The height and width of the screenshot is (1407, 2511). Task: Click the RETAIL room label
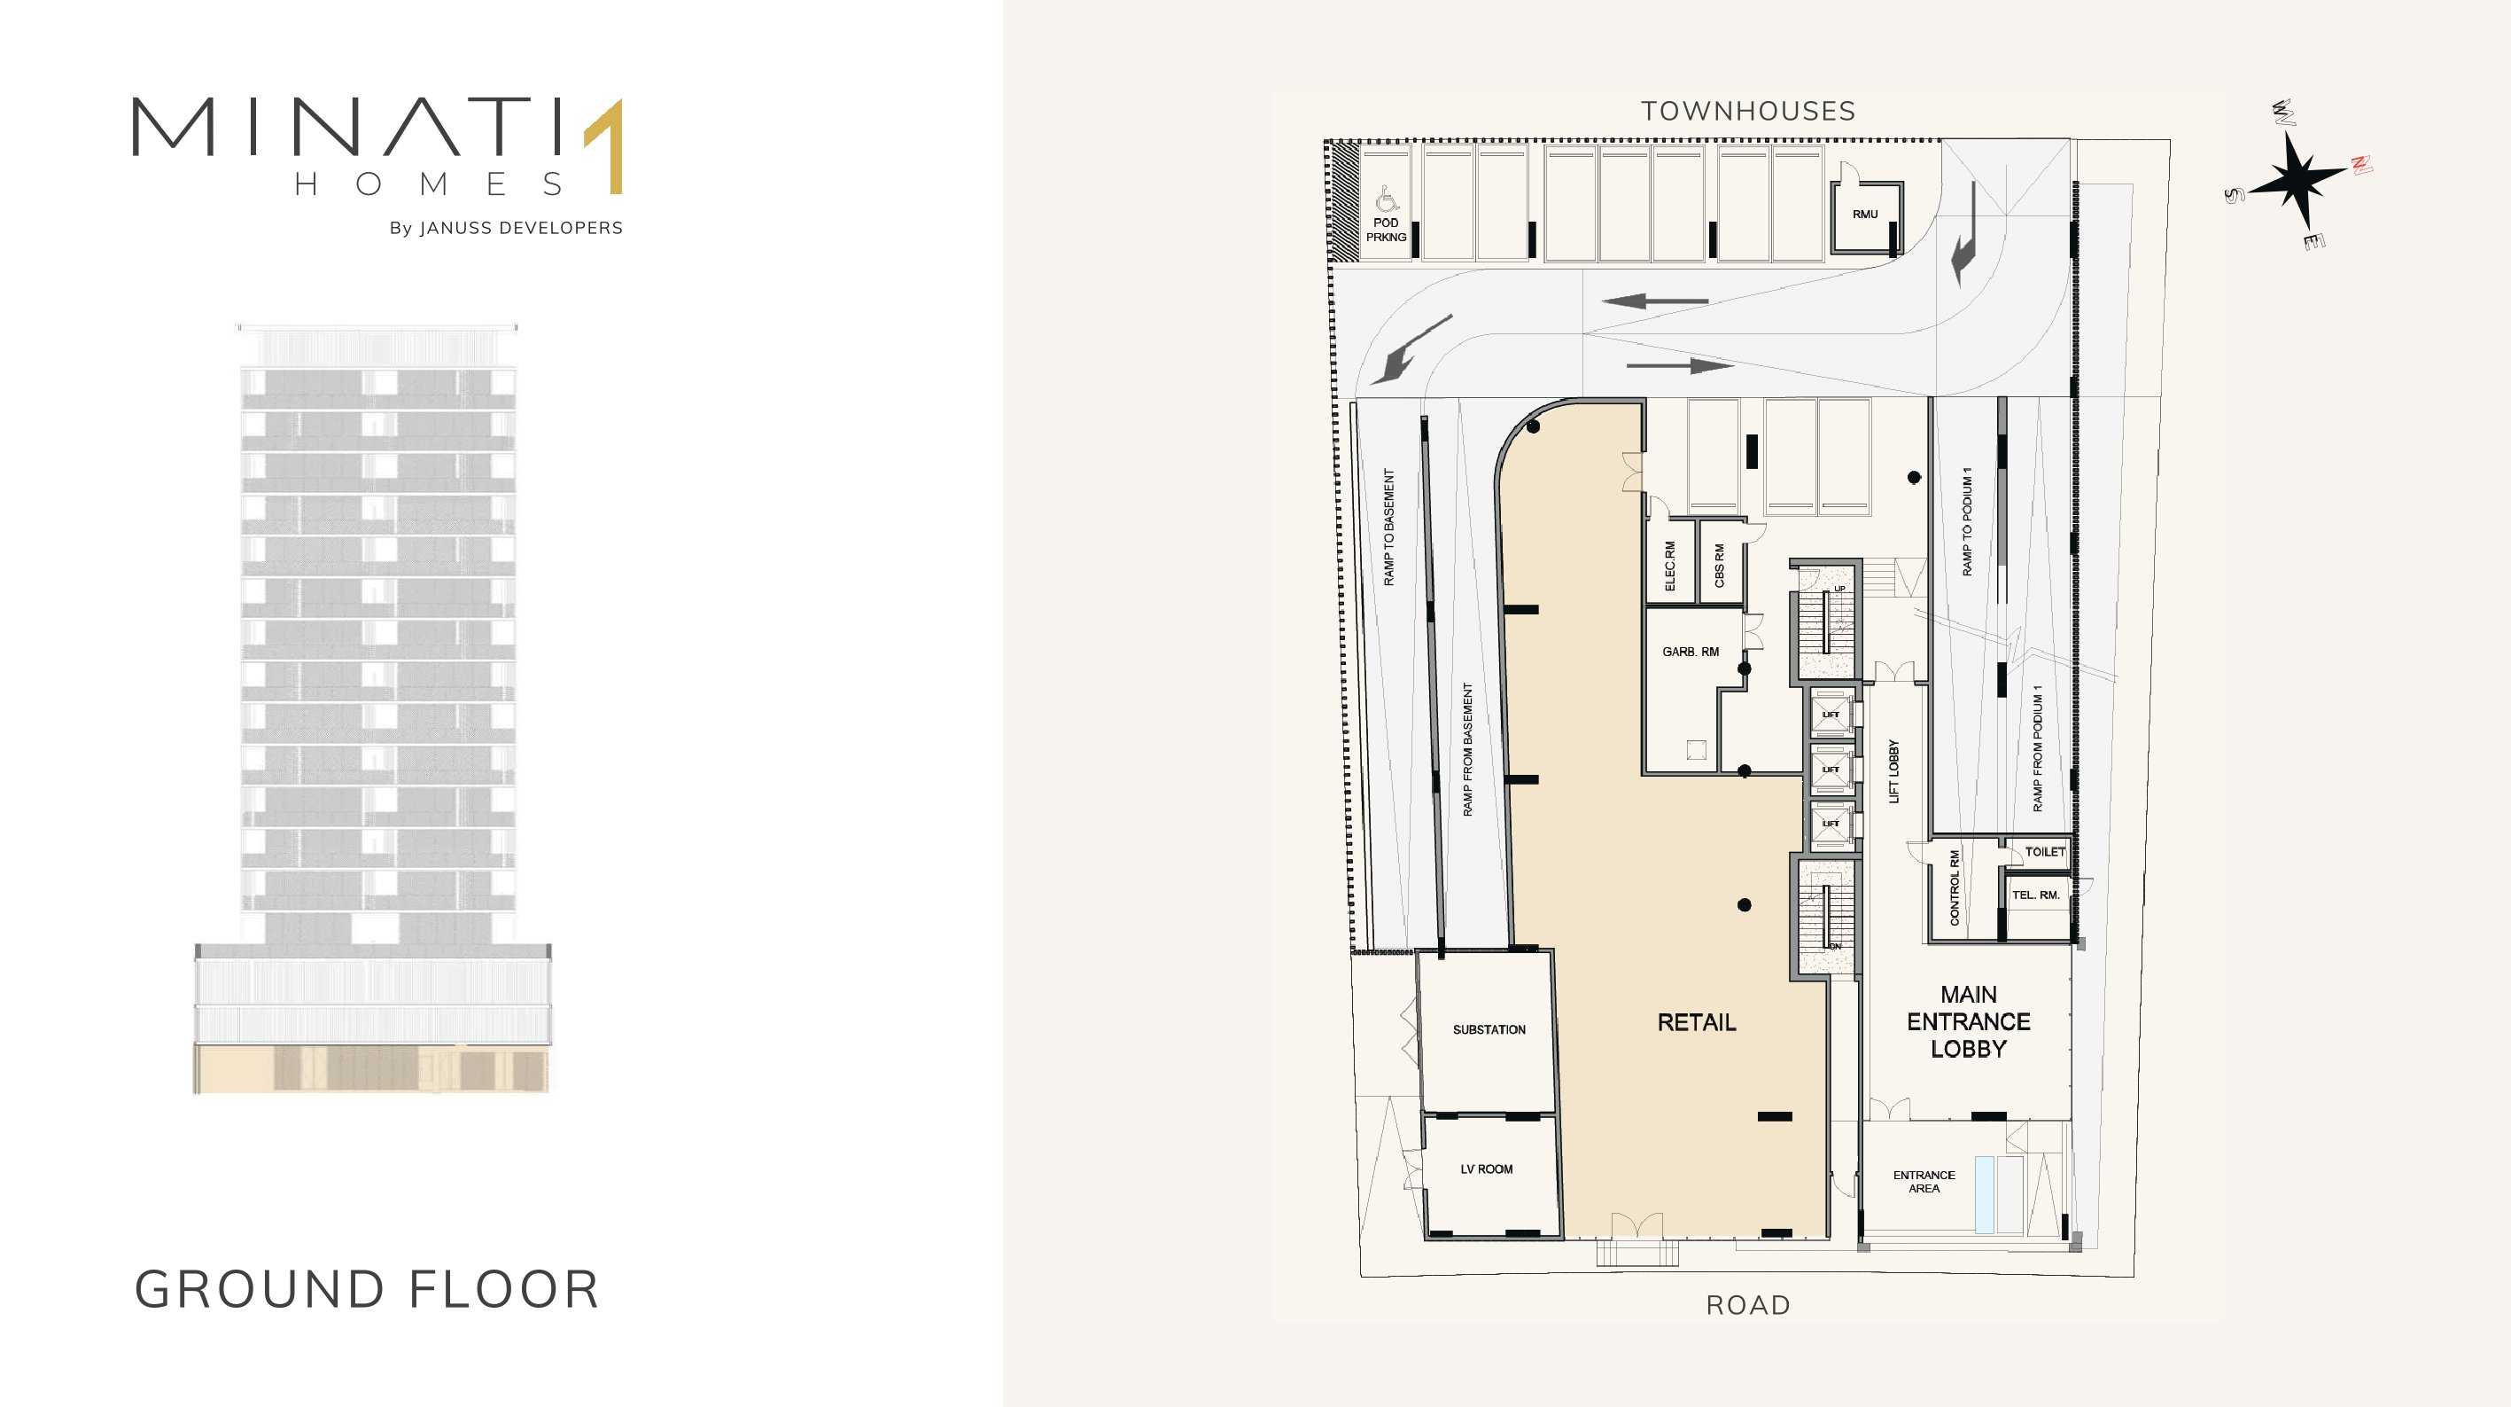coord(1697,1023)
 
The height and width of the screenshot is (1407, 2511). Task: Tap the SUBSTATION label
coord(1489,1029)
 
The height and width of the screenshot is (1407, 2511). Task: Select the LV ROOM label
coord(1487,1169)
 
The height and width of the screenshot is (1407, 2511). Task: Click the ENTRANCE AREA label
coord(1924,1182)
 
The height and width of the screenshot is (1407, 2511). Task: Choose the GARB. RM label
coord(1691,652)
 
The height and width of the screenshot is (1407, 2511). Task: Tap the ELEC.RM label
coord(1670,567)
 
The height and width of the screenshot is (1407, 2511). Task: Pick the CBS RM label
coord(1720,566)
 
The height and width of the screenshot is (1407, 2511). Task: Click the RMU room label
coord(1866,215)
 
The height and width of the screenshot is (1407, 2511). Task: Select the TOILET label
coord(2045,852)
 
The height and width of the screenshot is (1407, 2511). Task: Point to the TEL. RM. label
coord(2036,895)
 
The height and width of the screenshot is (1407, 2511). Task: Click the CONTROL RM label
coord(1955,887)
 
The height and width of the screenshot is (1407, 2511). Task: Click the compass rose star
coord(2297,179)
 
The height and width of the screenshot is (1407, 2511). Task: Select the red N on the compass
coord(2361,165)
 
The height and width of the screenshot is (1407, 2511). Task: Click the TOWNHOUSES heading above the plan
coord(1749,111)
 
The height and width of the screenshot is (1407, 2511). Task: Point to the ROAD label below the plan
coord(1749,1306)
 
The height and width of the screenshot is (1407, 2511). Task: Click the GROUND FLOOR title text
coord(367,1290)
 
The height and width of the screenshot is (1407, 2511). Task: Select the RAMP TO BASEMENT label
coord(1389,528)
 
